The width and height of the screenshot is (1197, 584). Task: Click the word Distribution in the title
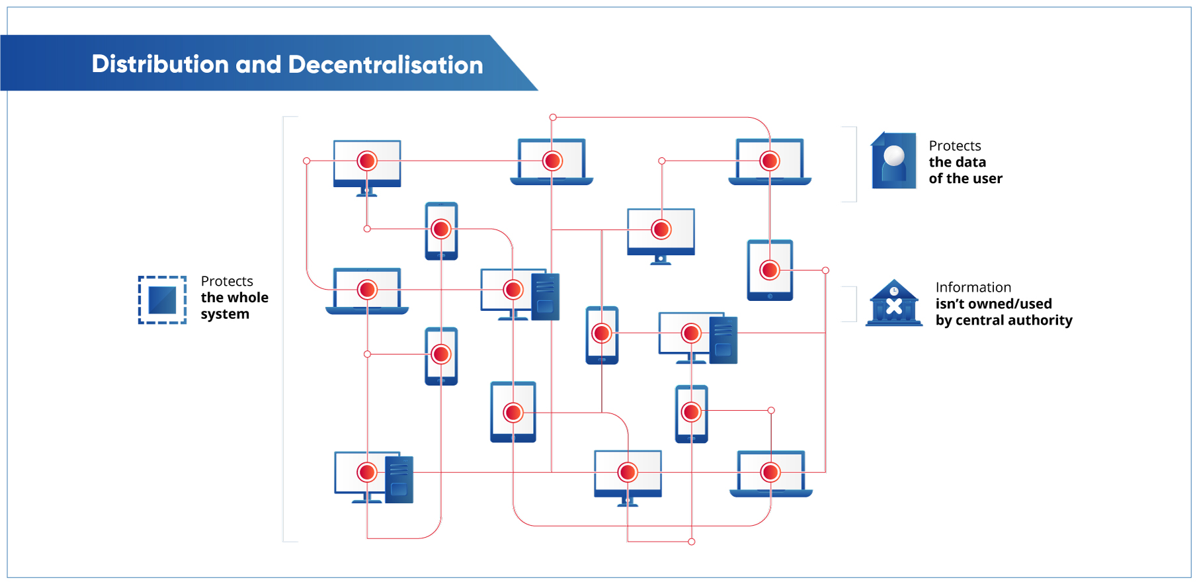pos(160,64)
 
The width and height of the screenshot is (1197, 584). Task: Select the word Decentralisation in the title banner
pos(386,65)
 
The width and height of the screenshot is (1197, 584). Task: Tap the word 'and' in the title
pos(259,64)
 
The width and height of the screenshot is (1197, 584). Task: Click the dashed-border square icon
pos(162,300)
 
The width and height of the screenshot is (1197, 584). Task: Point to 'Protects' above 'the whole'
pos(227,281)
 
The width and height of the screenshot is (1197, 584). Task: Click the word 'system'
pos(225,314)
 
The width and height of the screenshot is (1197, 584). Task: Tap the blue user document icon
pos(893,161)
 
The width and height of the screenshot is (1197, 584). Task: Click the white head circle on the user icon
pos(894,155)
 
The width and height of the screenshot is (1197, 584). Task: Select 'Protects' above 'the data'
pos(955,146)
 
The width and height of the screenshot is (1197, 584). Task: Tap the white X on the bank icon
pos(894,306)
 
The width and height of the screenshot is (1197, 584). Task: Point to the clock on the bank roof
pos(894,291)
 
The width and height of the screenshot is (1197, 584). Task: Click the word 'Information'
pos(973,287)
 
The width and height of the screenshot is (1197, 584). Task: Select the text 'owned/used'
pos(1012,304)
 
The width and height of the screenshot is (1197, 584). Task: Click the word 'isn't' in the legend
pos(950,304)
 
